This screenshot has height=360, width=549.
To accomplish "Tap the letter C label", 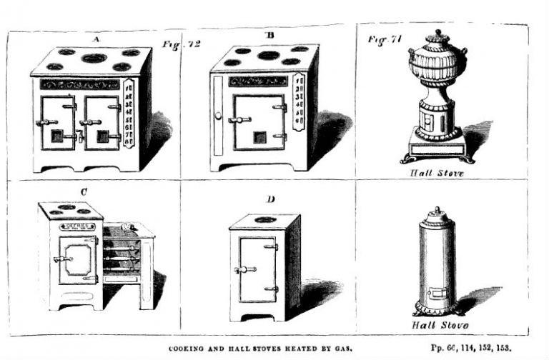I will pos(84,191).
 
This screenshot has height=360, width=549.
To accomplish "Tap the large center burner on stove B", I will pos(268,55).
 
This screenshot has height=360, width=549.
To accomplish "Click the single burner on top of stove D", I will pos(264,219).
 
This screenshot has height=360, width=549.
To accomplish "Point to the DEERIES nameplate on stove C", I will pos(77,226).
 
